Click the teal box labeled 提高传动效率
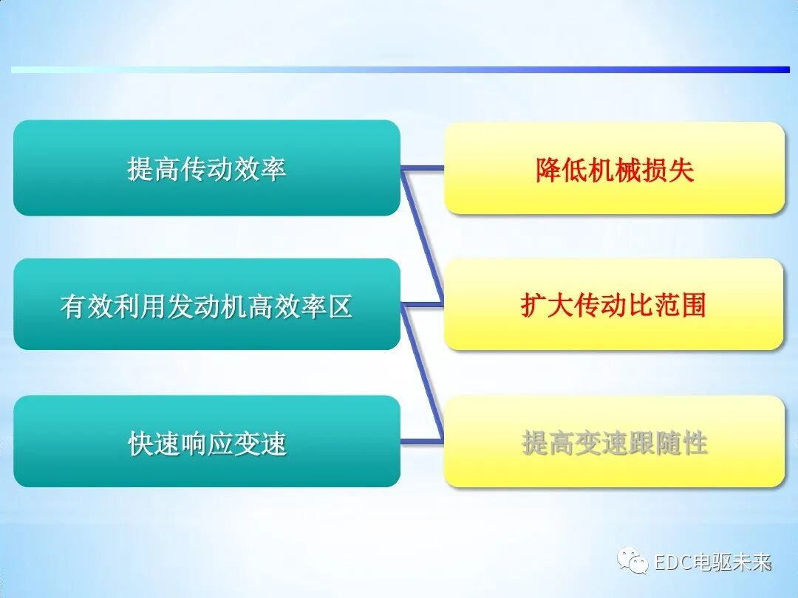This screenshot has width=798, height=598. (207, 168)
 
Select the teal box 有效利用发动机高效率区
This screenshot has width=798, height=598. (207, 304)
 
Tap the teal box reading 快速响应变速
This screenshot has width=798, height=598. (207, 441)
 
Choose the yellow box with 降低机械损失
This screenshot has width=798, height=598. (614, 168)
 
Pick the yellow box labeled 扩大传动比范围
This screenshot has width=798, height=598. (614, 304)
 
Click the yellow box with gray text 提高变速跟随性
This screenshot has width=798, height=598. (614, 441)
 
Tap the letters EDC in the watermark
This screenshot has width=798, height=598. (672, 563)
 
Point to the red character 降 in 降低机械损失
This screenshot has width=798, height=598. (548, 170)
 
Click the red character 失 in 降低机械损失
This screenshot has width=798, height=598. (681, 170)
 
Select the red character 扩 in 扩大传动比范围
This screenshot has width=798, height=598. (533, 305)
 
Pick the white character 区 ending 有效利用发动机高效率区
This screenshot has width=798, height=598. (340, 306)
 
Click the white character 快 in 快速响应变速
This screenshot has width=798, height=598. (141, 443)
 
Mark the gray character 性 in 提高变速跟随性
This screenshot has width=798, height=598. (695, 443)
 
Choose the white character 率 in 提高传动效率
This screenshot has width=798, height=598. (273, 169)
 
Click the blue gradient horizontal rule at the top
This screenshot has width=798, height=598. (399, 69)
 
